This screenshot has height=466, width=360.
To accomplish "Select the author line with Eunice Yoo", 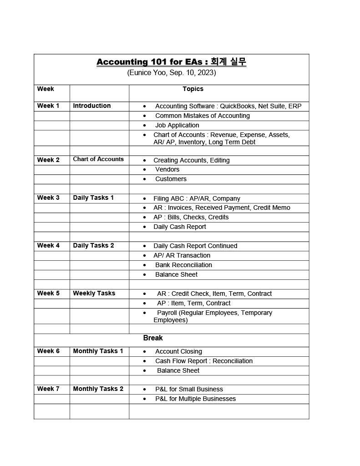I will coord(172,72).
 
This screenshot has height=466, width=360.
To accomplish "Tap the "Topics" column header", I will coord(193,89).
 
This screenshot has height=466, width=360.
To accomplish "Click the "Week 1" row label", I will coord(48,106).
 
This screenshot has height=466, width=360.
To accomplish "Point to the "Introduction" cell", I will coord(92,106).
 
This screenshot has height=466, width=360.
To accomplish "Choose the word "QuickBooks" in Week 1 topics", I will coord(237,106).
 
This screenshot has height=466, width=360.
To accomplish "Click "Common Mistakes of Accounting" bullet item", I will coord(202,116).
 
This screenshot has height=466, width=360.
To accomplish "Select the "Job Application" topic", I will coord(177,125).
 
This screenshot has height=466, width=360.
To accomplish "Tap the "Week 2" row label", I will coord(48,160).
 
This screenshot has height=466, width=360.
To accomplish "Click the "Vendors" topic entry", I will coord(167,169).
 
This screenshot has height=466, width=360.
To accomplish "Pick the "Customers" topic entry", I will coord(171,179).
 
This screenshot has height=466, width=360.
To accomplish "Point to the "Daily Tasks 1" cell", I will coord(93,198).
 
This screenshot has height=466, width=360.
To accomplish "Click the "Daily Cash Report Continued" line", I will coord(195,246).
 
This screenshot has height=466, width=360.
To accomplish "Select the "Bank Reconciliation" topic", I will coord(183,265).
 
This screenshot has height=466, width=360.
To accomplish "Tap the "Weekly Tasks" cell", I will coord(94,293).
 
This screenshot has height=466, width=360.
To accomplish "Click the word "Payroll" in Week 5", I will coord(167,313).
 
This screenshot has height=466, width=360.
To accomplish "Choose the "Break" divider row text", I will coord(153,338).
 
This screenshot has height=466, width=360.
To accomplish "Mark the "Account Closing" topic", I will coord(178,351).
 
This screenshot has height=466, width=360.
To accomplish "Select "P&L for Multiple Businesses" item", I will coord(195,399).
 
